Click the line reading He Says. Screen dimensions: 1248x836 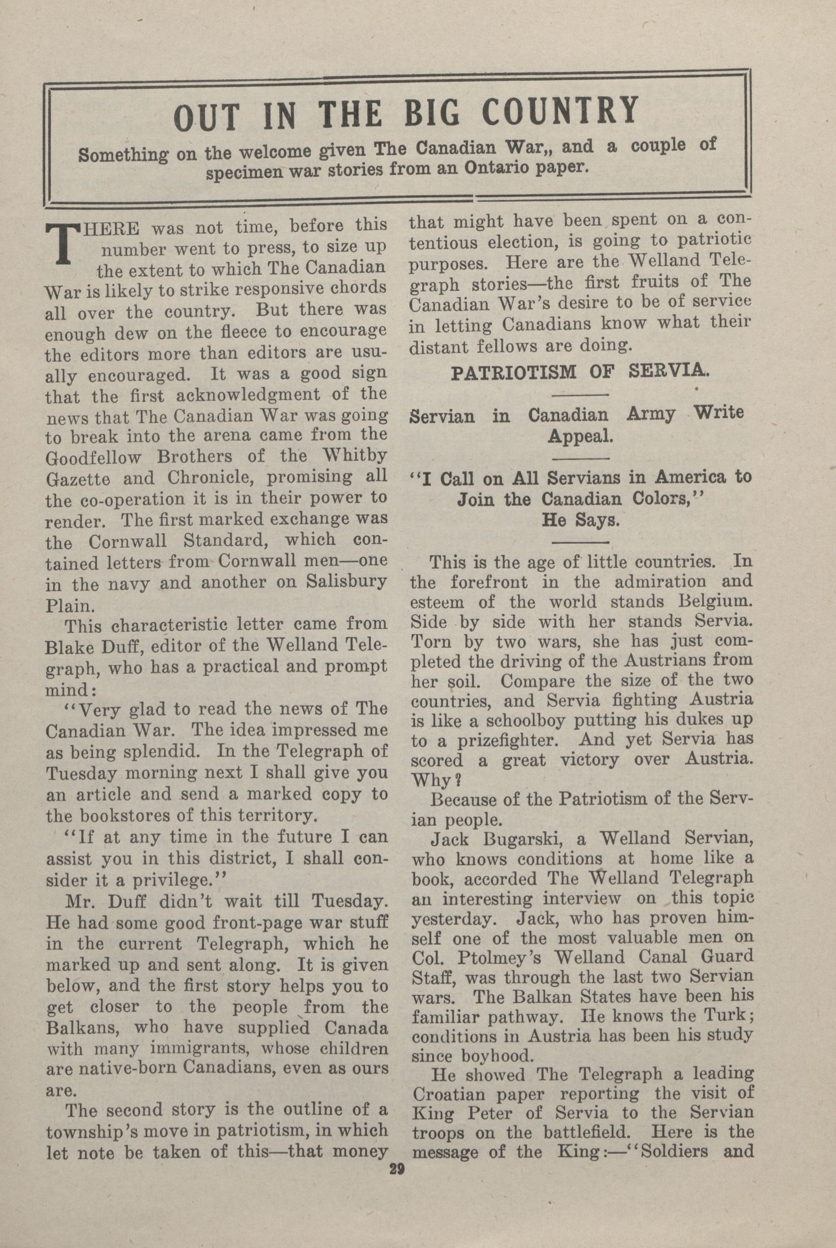(581, 520)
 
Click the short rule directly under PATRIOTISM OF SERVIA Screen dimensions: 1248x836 (580, 394)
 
